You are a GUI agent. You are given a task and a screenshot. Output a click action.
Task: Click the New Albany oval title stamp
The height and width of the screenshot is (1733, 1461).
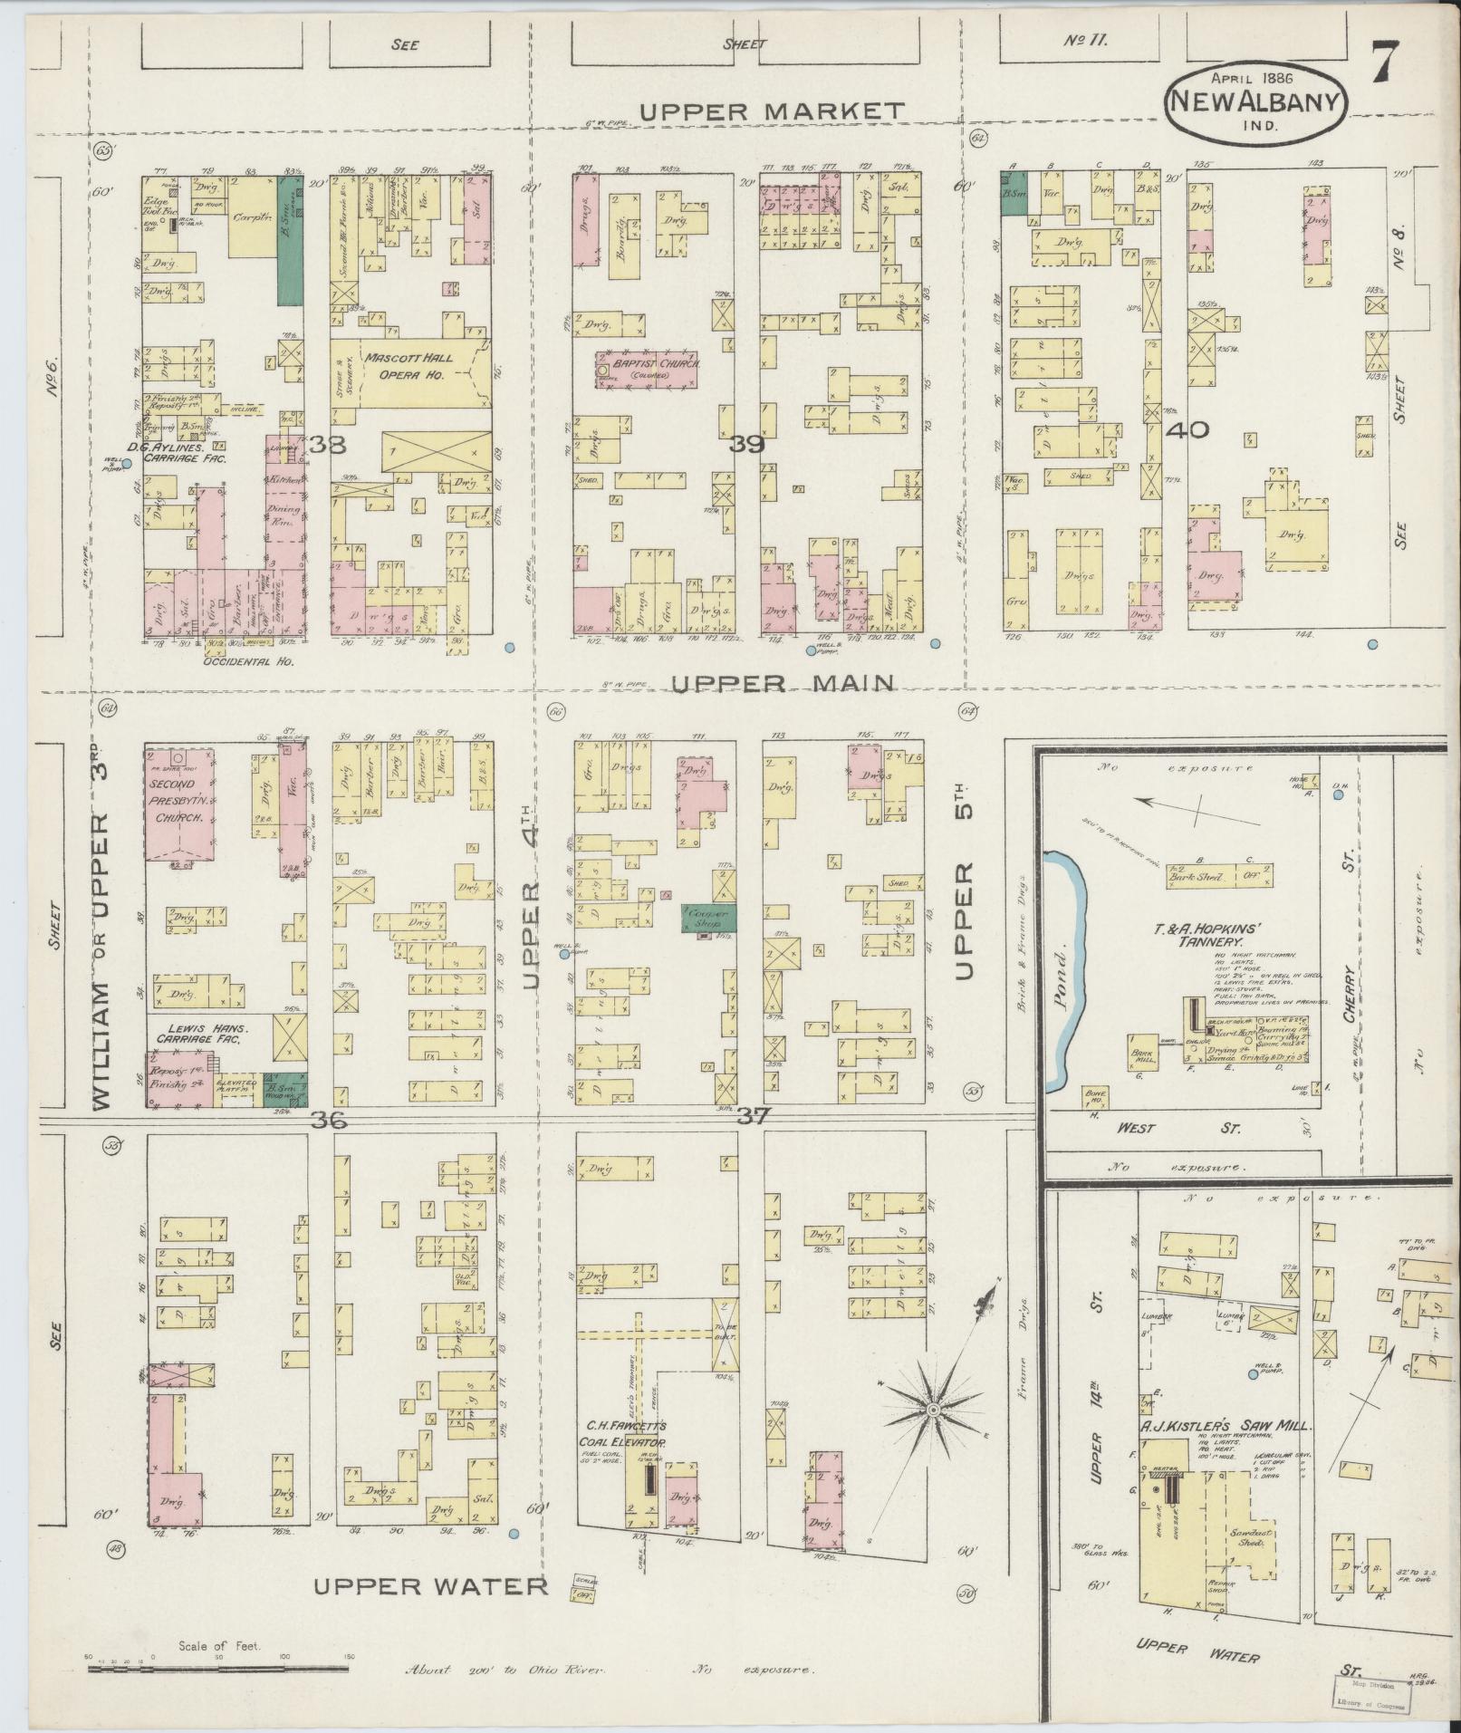(1255, 101)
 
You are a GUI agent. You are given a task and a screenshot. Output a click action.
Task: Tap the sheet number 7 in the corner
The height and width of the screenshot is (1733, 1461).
(1387, 64)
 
